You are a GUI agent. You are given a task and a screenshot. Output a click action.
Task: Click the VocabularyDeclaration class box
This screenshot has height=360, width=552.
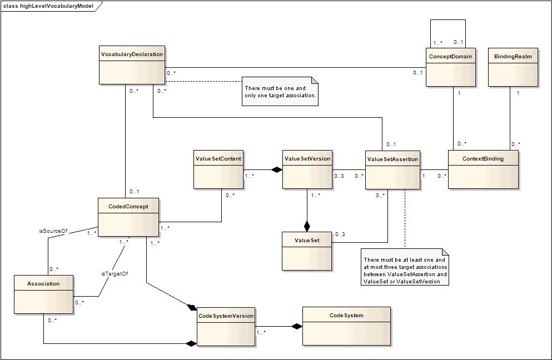(132, 65)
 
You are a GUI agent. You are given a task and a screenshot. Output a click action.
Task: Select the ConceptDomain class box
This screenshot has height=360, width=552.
(451, 67)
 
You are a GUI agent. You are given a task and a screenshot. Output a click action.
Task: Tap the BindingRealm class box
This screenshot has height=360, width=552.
(513, 67)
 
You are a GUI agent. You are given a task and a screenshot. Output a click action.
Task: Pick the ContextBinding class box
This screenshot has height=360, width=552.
(483, 169)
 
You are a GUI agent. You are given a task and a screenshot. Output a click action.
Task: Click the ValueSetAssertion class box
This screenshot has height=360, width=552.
(392, 170)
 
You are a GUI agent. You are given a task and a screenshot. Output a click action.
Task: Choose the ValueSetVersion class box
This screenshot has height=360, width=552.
(307, 169)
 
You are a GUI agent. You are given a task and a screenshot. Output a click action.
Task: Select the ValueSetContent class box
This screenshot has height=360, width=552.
(218, 169)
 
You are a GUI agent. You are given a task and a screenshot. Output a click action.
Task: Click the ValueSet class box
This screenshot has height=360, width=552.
(307, 251)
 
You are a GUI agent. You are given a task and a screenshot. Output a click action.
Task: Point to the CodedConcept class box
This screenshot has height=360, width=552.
(128, 217)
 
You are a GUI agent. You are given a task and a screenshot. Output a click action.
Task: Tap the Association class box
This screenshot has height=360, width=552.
(44, 294)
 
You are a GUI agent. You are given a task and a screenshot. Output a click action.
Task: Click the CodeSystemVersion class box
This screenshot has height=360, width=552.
(226, 327)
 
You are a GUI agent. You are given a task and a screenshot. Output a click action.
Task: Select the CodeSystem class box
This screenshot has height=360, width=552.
(346, 326)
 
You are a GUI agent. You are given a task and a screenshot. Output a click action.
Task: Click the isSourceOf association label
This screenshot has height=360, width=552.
(53, 231)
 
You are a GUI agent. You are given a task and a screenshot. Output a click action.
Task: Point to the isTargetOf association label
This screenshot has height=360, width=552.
(115, 273)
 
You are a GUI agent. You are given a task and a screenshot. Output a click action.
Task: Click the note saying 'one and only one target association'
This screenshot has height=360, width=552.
(280, 92)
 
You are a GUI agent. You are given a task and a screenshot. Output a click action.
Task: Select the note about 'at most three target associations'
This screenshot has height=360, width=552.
(405, 267)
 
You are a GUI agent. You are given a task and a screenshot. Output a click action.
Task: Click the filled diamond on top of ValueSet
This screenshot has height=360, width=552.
(307, 226)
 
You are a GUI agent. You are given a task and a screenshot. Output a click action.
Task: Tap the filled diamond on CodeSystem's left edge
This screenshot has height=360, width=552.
(297, 326)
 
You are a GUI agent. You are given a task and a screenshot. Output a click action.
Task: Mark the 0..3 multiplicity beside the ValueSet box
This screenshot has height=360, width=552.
(340, 234)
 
